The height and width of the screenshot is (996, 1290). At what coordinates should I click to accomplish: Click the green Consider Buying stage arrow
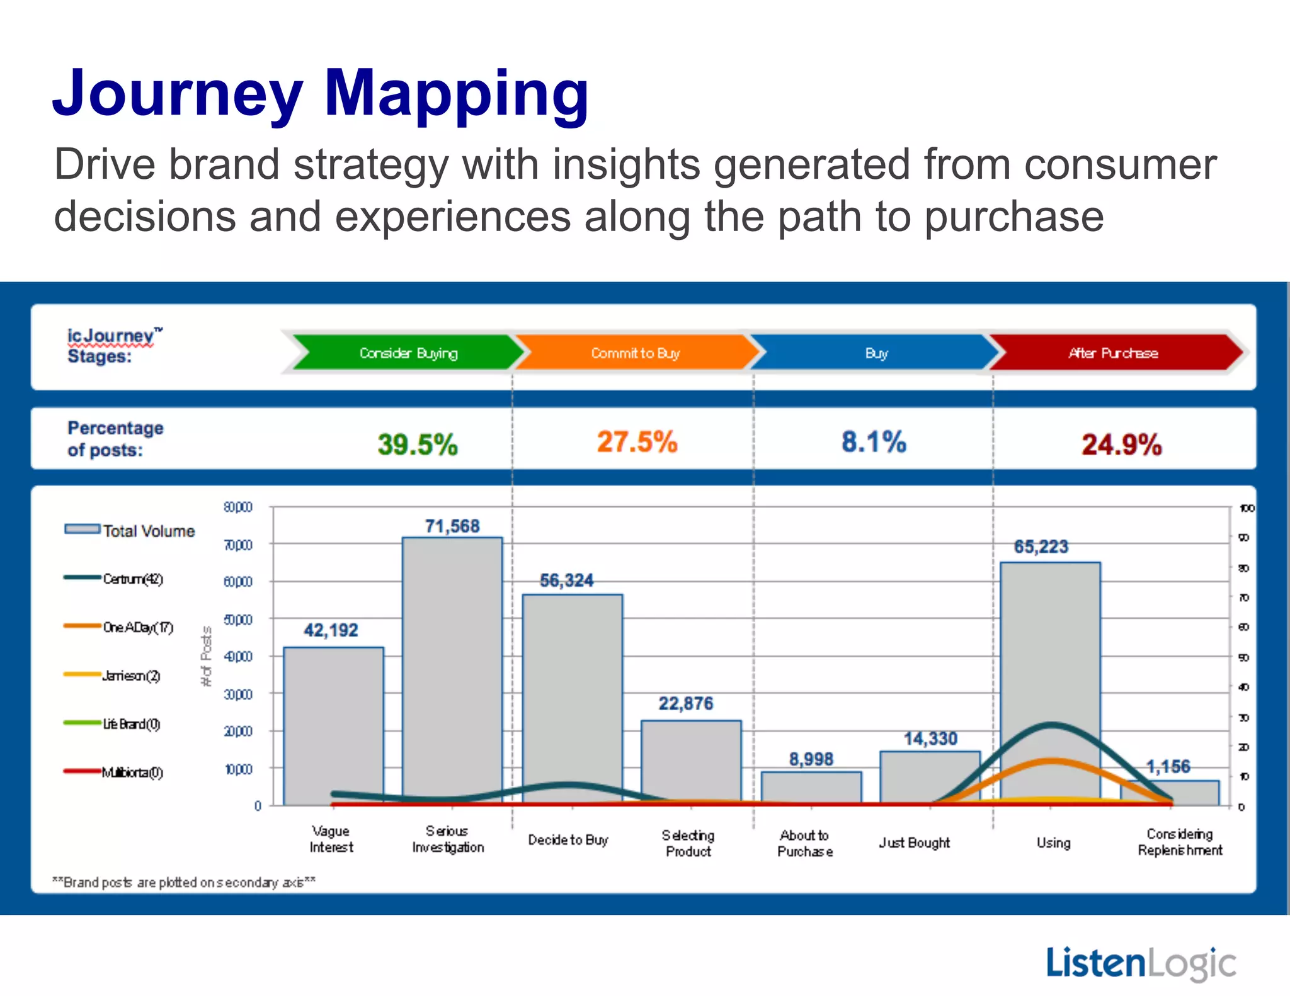408,353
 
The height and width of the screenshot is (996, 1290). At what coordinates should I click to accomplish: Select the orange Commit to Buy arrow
635,353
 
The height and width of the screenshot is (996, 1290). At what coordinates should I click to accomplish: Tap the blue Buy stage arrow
876,353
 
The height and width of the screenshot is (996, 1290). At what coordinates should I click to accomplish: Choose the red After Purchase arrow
1113,353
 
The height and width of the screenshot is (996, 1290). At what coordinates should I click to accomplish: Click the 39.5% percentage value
418,444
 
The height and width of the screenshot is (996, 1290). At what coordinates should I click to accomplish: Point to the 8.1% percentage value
874,442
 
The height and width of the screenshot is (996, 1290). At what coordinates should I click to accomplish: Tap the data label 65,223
1041,546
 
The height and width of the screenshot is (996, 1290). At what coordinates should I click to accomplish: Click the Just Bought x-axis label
914,842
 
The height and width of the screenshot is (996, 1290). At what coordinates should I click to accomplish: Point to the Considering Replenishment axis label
1180,842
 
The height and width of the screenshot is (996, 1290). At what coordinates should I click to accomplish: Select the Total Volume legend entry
130,531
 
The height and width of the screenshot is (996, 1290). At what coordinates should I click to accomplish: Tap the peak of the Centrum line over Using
1051,725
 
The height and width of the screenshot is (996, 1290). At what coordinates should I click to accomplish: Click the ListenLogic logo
1141,963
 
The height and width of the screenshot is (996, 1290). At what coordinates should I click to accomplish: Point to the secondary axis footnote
183,882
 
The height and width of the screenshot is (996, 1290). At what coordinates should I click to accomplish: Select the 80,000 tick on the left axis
238,507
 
